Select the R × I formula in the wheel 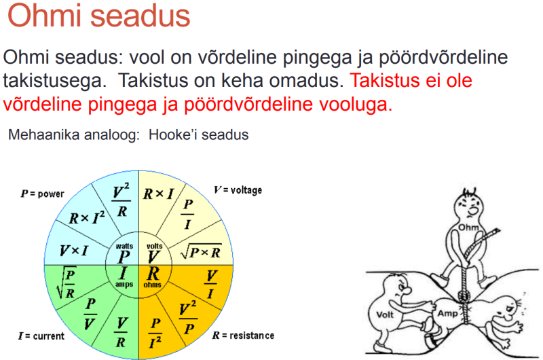157,194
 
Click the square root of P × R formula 201,252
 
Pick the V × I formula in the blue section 75,251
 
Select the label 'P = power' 43,194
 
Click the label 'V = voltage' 238,190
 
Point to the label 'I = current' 41,336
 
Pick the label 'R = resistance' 243,336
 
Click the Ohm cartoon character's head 468,204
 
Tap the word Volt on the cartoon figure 386,314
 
